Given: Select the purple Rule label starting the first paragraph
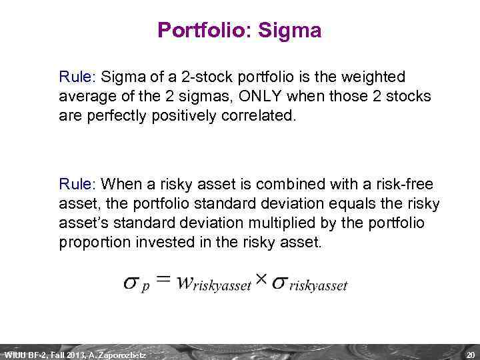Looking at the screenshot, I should pyautogui.click(x=77, y=78).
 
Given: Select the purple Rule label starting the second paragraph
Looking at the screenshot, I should pyautogui.click(x=77, y=183).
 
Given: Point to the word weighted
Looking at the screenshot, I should pyautogui.click(x=374, y=78).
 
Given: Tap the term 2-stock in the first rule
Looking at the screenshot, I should pyautogui.click(x=192, y=78).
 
